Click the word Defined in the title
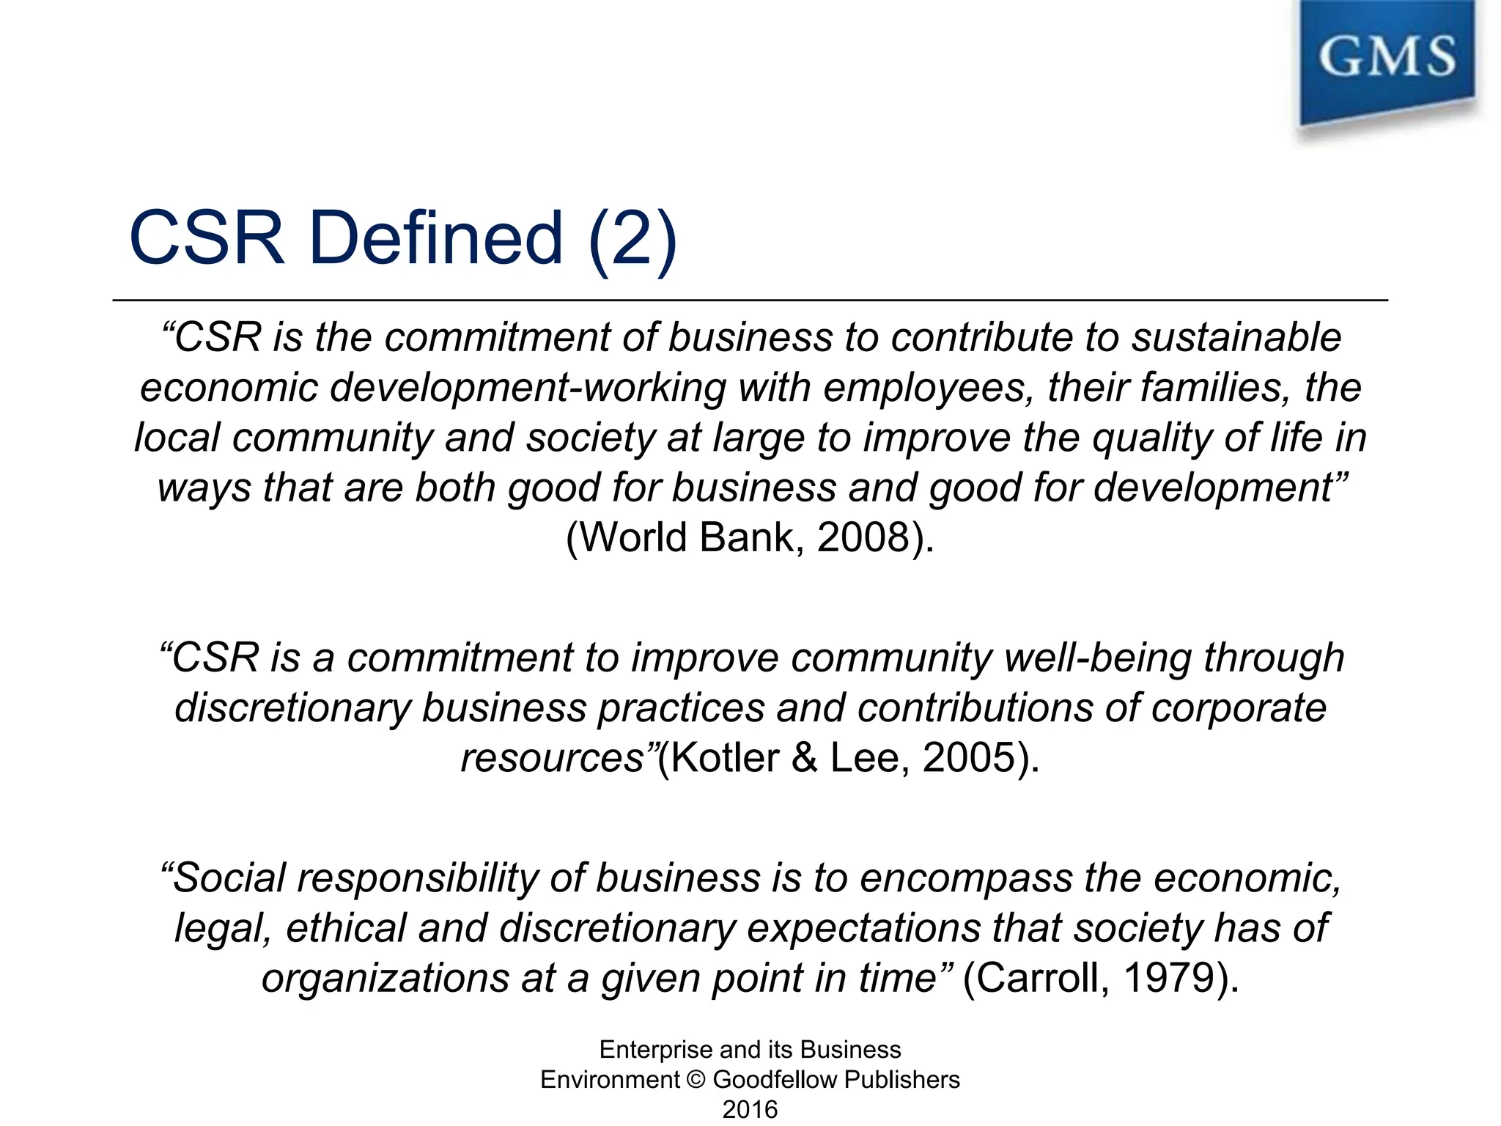pos(436,238)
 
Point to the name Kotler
pos(725,757)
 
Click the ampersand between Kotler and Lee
pos(804,757)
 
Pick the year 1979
pos(1168,978)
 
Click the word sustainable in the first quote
pos(1236,338)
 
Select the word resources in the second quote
pos(552,758)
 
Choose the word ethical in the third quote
pos(346,928)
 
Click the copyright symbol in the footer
pos(696,1080)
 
